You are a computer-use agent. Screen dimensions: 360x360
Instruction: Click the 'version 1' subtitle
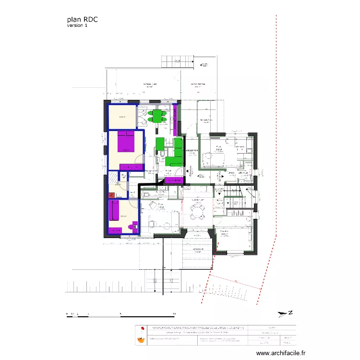pyautogui.click(x=77, y=26)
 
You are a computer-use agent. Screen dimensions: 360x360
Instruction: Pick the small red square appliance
pyautogui.click(x=112, y=195)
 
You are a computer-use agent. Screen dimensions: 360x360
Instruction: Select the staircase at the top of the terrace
pyautogui.click(x=177, y=61)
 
